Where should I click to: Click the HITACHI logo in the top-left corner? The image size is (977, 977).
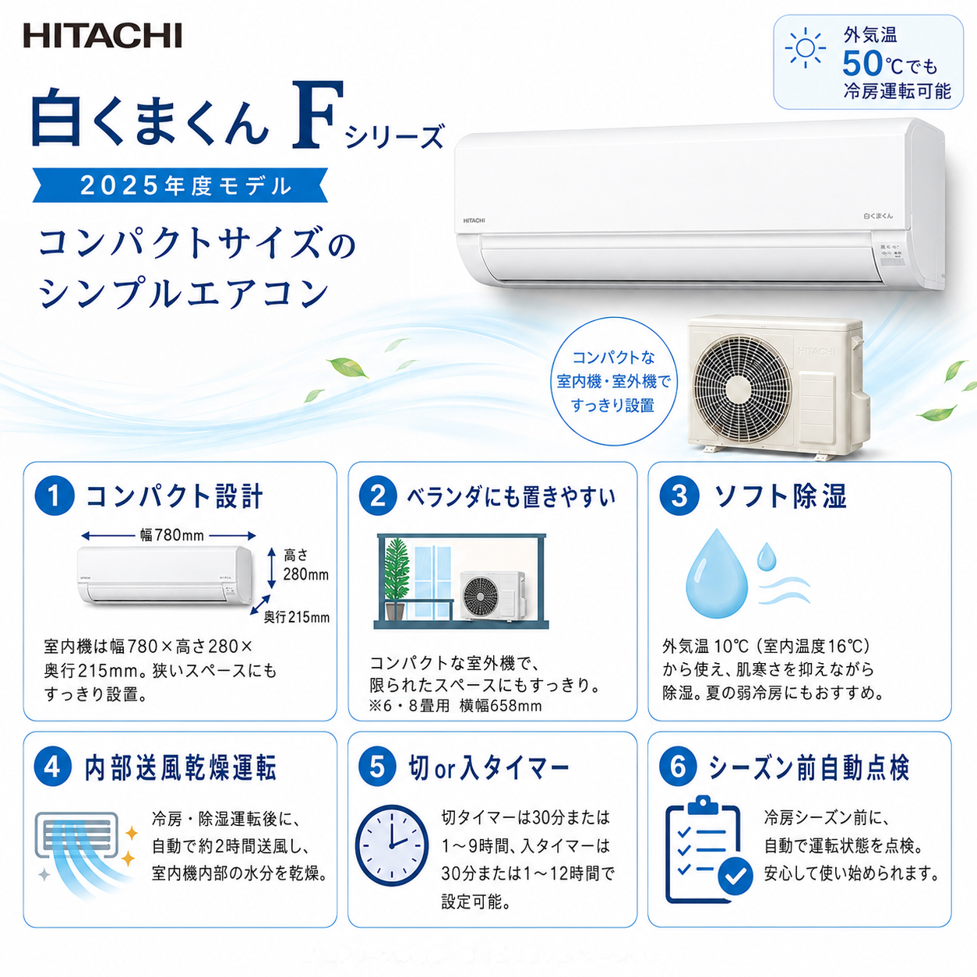(102, 36)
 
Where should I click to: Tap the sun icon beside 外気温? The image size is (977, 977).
(805, 48)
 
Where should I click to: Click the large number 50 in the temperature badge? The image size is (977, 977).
(863, 65)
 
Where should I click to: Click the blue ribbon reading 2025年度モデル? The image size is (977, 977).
(180, 185)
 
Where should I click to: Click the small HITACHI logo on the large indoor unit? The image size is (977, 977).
(474, 220)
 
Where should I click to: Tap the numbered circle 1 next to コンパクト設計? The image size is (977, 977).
(55, 496)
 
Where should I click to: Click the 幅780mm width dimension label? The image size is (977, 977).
(172, 535)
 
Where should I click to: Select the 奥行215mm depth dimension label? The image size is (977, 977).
(297, 617)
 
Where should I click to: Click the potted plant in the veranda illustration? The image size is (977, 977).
(396, 579)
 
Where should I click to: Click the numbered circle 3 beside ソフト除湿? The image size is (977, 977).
(679, 496)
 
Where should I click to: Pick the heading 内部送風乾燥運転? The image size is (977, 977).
(181, 767)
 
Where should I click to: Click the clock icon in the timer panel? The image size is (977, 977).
(391, 845)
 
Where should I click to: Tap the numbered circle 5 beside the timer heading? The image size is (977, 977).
(378, 767)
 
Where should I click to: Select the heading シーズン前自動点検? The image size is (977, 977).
(808, 767)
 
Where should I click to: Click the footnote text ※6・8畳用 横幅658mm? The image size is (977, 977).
(455, 706)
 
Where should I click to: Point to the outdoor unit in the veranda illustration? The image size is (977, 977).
(492, 596)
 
